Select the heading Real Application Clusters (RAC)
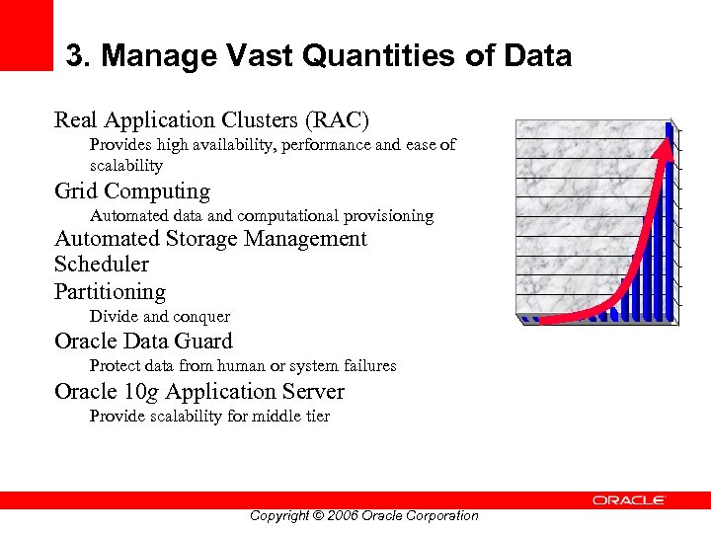coord(211,120)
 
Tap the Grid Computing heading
coord(132,191)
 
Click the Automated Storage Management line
coord(210,239)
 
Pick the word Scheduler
coord(102,265)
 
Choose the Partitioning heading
coord(110,292)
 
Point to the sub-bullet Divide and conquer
coord(160,317)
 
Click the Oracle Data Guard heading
coord(143,343)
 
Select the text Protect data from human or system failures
coord(243,366)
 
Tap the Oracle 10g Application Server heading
coord(199,392)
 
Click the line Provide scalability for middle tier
coord(209,417)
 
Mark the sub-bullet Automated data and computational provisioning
coord(262,215)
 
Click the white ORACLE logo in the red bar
coord(629,500)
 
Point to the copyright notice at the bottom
coord(363,516)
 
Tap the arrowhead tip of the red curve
coord(671,127)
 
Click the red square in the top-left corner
coord(26,35)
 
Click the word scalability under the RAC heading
coord(125,166)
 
